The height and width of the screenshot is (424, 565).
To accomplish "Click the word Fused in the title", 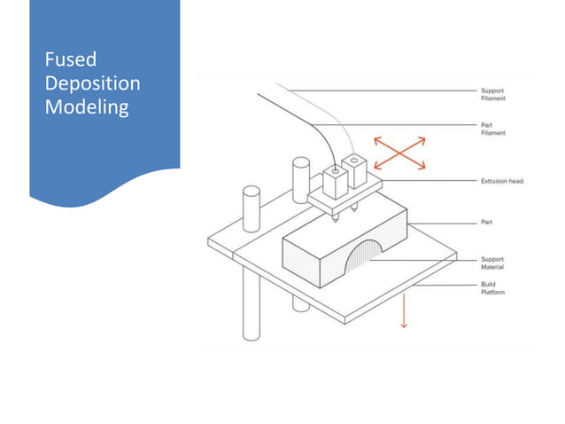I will [70, 61].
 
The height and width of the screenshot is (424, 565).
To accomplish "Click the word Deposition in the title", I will [92, 84].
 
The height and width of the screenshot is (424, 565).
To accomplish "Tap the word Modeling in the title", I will [87, 107].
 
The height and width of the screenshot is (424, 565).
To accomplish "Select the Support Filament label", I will [492, 93].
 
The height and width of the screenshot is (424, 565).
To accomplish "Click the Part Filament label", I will [492, 130].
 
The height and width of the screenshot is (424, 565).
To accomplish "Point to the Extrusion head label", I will [501, 181].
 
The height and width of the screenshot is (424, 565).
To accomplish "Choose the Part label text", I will [486, 222].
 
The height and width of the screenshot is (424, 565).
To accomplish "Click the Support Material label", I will [492, 263].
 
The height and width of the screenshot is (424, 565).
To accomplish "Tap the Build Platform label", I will [492, 288].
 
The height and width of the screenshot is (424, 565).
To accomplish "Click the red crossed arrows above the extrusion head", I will [399, 153].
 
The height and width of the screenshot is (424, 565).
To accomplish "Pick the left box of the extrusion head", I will [336, 183].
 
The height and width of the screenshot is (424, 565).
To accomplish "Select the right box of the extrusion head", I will [357, 172].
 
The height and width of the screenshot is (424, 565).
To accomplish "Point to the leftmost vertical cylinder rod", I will [251, 266].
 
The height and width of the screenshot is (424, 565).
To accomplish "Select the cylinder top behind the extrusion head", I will [300, 164].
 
